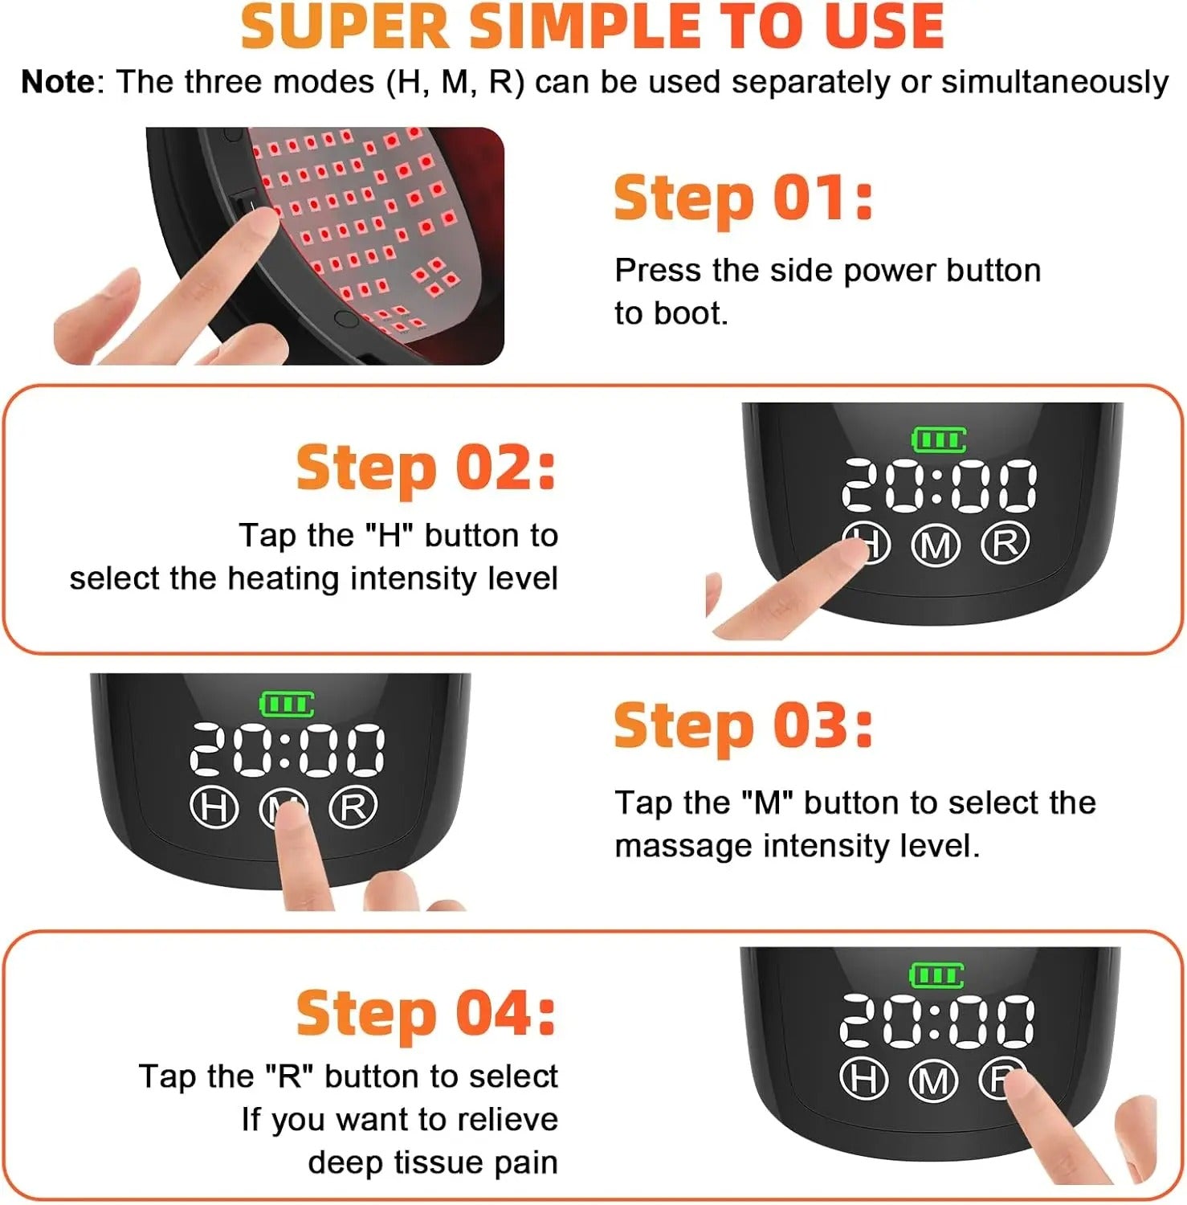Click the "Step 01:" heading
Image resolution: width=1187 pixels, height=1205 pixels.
point(742,198)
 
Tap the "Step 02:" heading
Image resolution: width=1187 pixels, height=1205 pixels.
point(426,468)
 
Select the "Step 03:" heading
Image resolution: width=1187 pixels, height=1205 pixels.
point(742,725)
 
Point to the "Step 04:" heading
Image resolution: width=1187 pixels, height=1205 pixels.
point(426,1013)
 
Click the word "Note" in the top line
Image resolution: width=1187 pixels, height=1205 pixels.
point(58,82)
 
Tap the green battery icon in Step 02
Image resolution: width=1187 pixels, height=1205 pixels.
point(938,439)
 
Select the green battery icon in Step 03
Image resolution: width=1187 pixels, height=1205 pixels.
point(286,705)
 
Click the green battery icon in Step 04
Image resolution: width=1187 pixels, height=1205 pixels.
point(936,976)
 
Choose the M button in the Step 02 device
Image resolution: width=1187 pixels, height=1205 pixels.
point(936,546)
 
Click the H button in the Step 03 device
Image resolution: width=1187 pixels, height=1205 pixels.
point(214,807)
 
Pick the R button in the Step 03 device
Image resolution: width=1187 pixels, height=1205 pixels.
point(353,807)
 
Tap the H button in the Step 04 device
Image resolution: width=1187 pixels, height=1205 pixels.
point(863,1078)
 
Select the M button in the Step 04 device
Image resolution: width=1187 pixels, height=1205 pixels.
point(933,1080)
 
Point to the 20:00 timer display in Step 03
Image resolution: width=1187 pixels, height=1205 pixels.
point(287,749)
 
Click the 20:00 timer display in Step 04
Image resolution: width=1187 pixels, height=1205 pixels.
point(936,1020)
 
